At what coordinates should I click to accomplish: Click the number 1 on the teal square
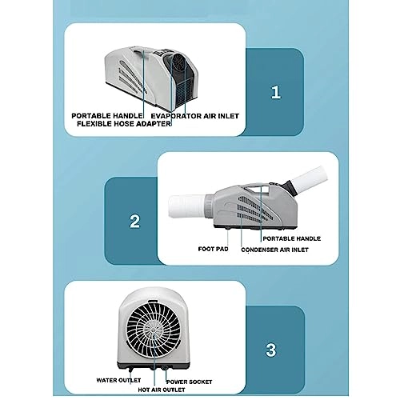(x=276, y=92)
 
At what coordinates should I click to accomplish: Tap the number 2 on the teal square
(x=135, y=220)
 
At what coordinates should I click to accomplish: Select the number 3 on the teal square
(x=271, y=350)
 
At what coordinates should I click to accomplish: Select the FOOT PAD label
(x=214, y=248)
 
